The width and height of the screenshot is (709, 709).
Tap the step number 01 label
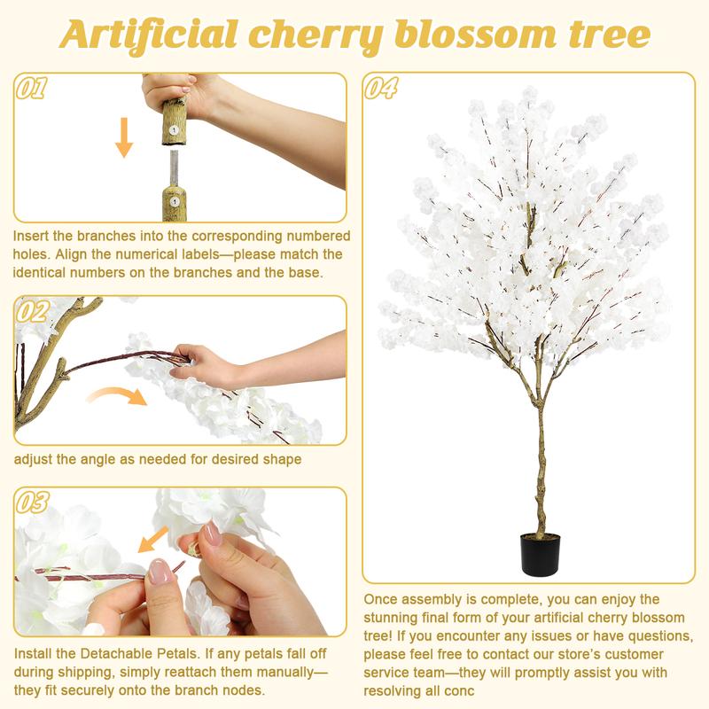[x=33, y=89]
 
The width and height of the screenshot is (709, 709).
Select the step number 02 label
[x=33, y=311]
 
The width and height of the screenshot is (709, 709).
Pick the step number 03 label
[x=33, y=503]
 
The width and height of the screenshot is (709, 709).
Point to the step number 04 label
[x=381, y=89]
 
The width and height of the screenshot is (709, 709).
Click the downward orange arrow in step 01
[x=124, y=138]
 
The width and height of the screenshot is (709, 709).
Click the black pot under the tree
[x=539, y=555]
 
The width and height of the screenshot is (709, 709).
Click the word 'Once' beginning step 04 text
[x=383, y=600]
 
